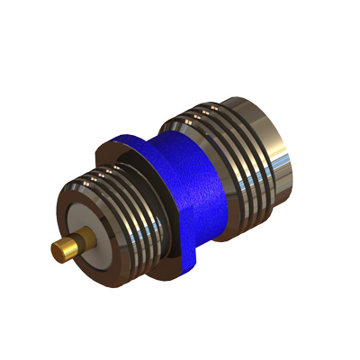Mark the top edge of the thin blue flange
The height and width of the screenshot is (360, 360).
tap(126, 139)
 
